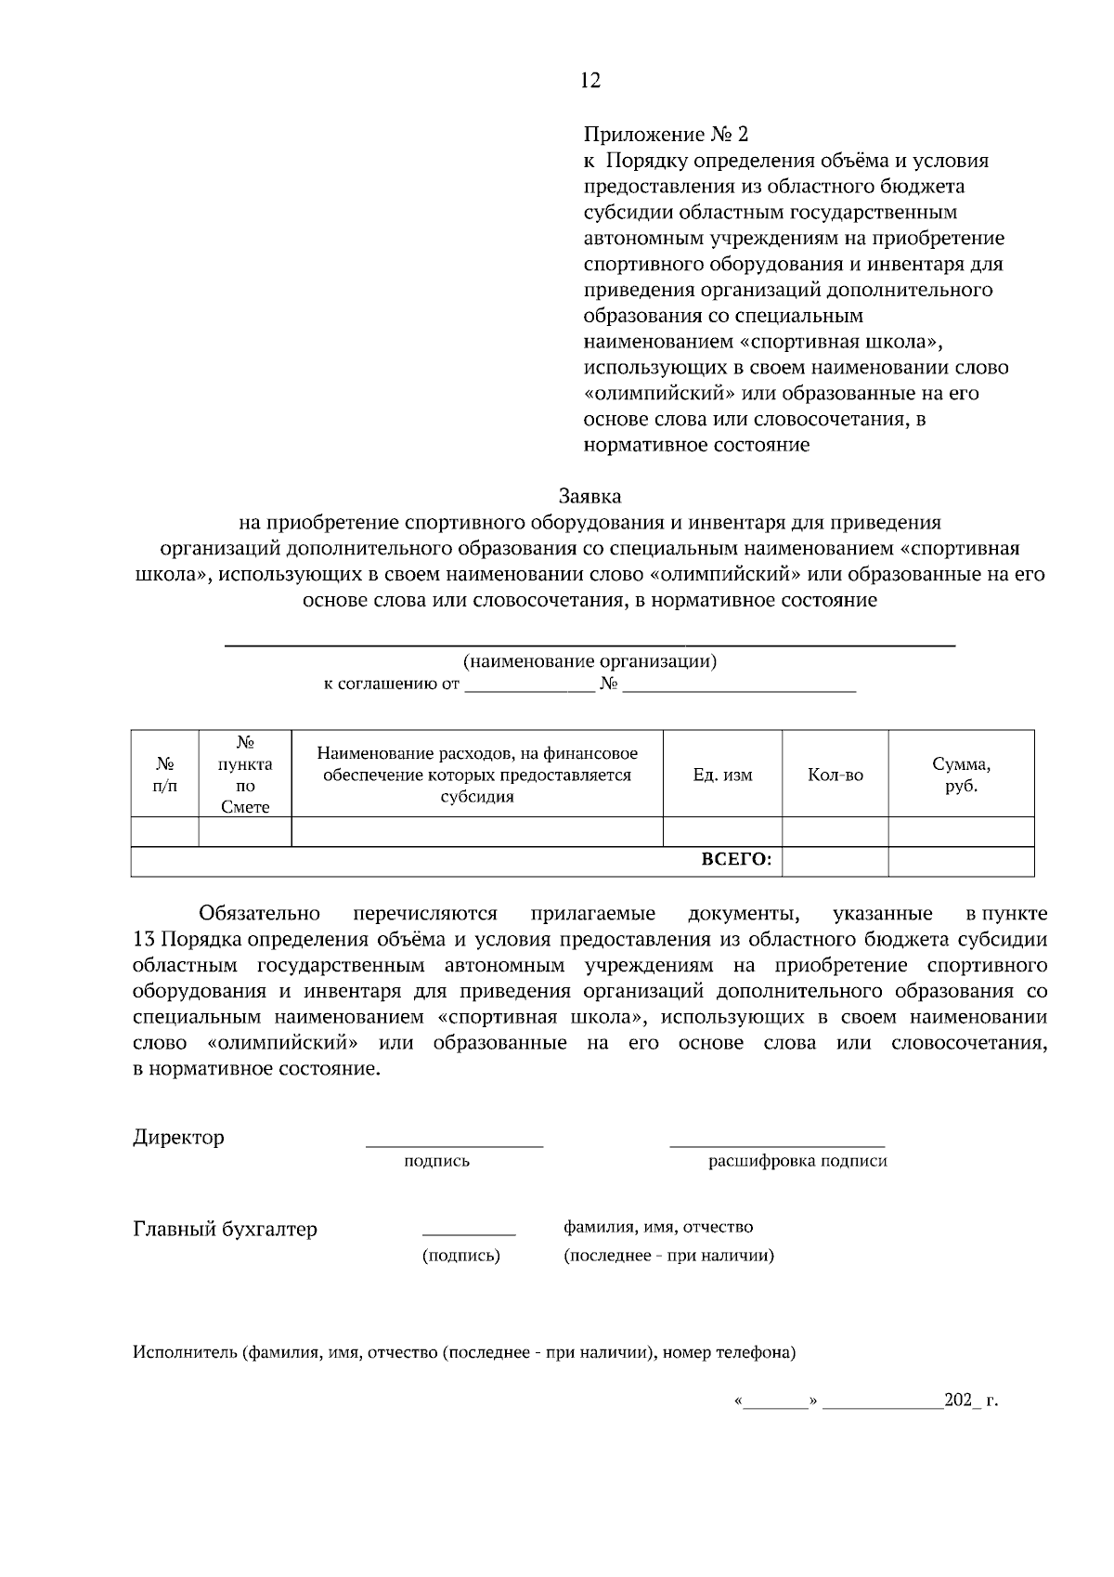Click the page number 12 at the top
590,81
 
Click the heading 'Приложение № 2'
665,135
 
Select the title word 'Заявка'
589,497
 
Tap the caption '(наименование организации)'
589,662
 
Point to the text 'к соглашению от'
391,685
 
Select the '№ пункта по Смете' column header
245,775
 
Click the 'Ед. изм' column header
722,775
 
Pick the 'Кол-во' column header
835,775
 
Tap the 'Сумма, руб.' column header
961,775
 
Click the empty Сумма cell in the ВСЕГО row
961,862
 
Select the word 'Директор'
178,1138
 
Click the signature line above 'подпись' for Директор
454,1146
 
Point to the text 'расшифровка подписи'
797,1161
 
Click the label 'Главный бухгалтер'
226,1230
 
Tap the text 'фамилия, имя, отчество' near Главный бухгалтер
658,1228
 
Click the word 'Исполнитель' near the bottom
185,1352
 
